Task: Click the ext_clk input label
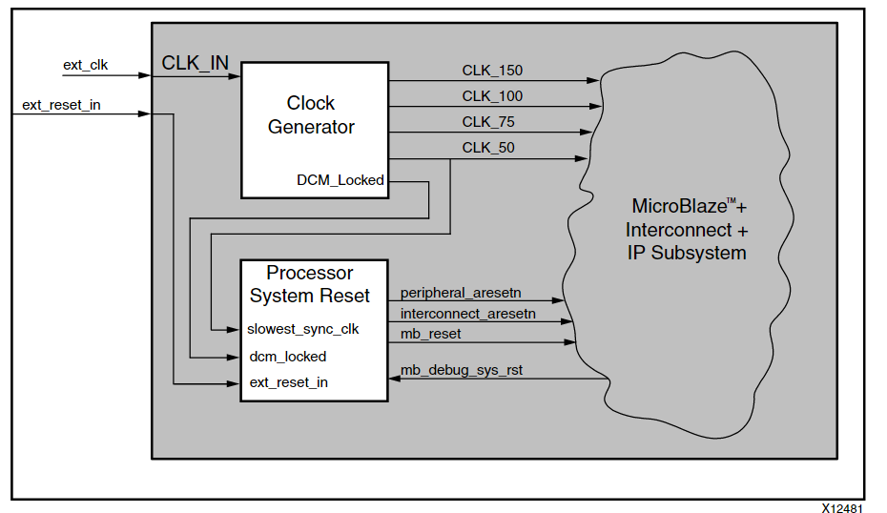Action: pyautogui.click(x=85, y=65)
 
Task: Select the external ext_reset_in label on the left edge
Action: pyautogui.click(x=61, y=105)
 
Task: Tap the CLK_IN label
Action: pyautogui.click(x=196, y=63)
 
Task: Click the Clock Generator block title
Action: pyautogui.click(x=311, y=115)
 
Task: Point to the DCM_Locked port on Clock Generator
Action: pyautogui.click(x=340, y=180)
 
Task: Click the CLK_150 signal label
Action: pyautogui.click(x=492, y=71)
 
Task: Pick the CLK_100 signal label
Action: pyautogui.click(x=492, y=96)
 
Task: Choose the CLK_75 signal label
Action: pyautogui.click(x=488, y=122)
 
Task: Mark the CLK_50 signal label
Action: pyautogui.click(x=488, y=148)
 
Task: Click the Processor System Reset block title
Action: pyautogui.click(x=310, y=284)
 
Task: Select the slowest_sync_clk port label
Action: pyautogui.click(x=302, y=330)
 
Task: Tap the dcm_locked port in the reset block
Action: pyautogui.click(x=287, y=357)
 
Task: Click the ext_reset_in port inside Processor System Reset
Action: pyautogui.click(x=288, y=382)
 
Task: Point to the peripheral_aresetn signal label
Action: pyautogui.click(x=461, y=292)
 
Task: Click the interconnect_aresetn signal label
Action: pyautogui.click(x=468, y=313)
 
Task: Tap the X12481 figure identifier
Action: pyautogui.click(x=843, y=505)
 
